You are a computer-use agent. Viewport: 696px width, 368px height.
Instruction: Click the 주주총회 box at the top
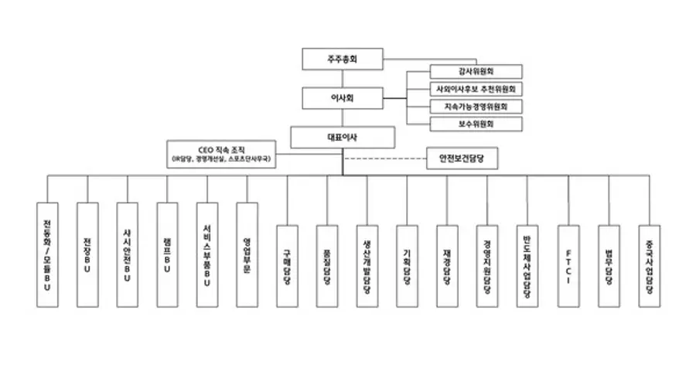[343, 59]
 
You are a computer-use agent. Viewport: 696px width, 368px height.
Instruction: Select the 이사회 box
[343, 98]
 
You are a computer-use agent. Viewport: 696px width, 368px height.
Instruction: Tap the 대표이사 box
[343, 137]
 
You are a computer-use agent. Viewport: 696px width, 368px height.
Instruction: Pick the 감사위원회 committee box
[475, 71]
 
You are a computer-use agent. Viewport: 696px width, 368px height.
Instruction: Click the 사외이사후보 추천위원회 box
[475, 89]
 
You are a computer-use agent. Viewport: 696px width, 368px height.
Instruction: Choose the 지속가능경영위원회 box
[475, 106]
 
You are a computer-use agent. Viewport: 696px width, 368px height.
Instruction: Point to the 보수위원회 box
[475, 124]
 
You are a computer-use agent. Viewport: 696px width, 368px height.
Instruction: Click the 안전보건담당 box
[461, 159]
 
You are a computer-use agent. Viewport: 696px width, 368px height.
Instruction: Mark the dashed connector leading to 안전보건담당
[384, 160]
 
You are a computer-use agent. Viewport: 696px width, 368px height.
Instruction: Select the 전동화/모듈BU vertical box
[47, 253]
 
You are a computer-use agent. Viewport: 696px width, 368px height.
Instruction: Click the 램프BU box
[167, 253]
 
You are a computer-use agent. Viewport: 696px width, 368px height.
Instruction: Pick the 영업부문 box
[247, 253]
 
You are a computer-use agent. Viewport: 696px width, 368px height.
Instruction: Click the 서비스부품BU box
[207, 253]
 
